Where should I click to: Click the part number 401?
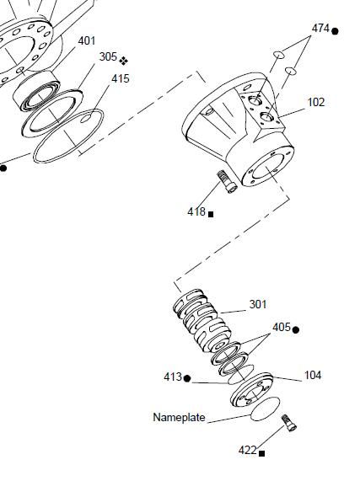pyautogui.click(x=87, y=40)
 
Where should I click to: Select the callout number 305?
pyautogui.click(x=109, y=56)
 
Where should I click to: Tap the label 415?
pyautogui.click(x=121, y=79)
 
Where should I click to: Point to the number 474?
pyautogui.click(x=320, y=29)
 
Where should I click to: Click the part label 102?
pyautogui.click(x=316, y=102)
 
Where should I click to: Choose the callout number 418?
pyautogui.click(x=196, y=211)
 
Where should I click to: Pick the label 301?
pyautogui.click(x=258, y=304)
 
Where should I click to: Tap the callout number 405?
pyautogui.click(x=282, y=328)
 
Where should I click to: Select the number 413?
pyautogui.click(x=173, y=377)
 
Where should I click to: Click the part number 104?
pyautogui.click(x=313, y=375)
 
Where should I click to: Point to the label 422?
pyautogui.click(x=248, y=451)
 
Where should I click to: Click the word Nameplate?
pyautogui.click(x=180, y=417)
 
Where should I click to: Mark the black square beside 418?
pyautogui.click(x=211, y=215)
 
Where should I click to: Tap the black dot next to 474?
pyautogui.click(x=336, y=31)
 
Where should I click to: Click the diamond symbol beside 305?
pyautogui.click(x=124, y=61)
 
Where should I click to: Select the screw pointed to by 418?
pyautogui.click(x=227, y=182)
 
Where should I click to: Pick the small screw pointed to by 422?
pyautogui.click(x=289, y=423)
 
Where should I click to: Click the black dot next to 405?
pyautogui.click(x=296, y=330)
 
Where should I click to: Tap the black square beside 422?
pyautogui.click(x=262, y=453)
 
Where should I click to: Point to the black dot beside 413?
pyautogui.click(x=187, y=378)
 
